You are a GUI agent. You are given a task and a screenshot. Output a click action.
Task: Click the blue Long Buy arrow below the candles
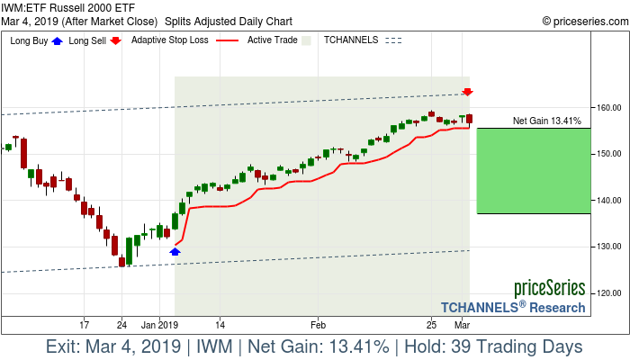[175, 252]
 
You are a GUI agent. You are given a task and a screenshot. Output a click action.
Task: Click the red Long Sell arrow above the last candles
[468, 92]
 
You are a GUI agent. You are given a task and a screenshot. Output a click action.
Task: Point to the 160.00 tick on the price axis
[609, 107]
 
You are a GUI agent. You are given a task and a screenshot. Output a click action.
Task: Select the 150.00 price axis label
[609, 154]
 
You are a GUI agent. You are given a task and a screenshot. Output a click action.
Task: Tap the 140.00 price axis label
[609, 200]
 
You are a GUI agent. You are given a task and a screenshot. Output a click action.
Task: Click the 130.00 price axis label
[609, 247]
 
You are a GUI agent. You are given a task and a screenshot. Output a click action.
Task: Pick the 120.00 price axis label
[609, 292]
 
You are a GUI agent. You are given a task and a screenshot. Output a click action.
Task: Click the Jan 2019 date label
[162, 323]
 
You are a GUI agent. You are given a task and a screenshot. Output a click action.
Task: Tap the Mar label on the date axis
[463, 323]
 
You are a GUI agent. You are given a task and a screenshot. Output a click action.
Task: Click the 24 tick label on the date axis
[121, 323]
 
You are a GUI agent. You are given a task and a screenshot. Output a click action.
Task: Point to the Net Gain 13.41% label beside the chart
[546, 121]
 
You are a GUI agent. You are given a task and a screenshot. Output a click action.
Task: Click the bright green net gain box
[534, 171]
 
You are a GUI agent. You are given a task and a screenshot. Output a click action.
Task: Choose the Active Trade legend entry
[274, 40]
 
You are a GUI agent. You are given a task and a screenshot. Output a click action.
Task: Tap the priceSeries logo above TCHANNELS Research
[549, 288]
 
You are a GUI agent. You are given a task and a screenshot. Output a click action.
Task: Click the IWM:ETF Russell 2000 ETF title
[68, 7]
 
